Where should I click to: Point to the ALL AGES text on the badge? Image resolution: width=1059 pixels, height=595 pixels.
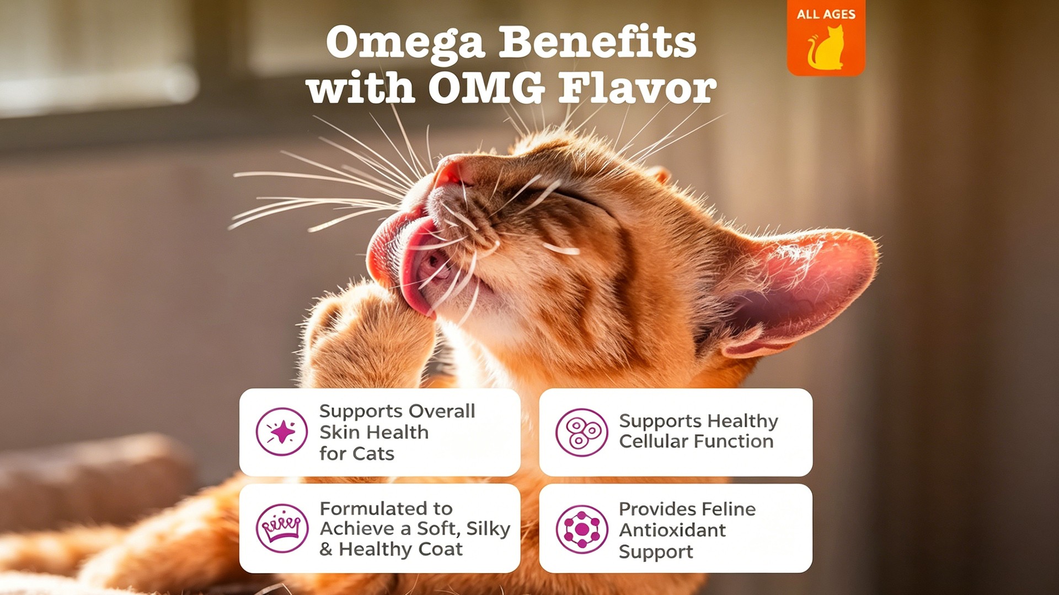tap(826, 14)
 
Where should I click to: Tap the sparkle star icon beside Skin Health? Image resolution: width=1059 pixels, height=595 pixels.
tap(282, 432)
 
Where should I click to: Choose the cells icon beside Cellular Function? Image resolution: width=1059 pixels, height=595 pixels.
tap(581, 432)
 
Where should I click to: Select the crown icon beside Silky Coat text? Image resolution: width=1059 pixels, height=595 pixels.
tap(282, 528)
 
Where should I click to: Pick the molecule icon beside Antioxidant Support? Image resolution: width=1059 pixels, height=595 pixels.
tap(581, 529)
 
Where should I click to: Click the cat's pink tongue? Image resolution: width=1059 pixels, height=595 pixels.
tap(403, 259)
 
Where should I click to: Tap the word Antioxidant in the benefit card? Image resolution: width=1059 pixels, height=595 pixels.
tap(672, 530)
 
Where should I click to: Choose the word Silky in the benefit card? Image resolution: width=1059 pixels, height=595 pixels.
tap(488, 529)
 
